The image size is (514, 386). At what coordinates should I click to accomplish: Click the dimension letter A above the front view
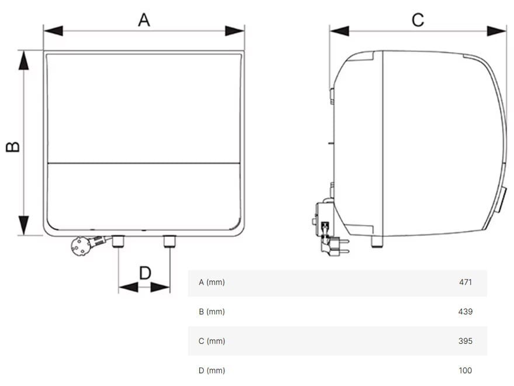(x=144, y=20)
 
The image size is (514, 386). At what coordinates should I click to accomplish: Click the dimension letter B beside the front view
(x=13, y=146)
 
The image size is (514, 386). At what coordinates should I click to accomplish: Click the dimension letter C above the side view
(x=418, y=20)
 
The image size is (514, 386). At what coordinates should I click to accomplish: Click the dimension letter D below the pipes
(x=145, y=273)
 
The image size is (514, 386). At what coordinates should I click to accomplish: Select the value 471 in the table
(x=465, y=282)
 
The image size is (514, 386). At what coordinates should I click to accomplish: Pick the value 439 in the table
(x=465, y=312)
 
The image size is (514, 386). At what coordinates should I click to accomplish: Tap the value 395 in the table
(x=465, y=341)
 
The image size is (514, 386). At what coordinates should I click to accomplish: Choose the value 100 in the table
(x=465, y=370)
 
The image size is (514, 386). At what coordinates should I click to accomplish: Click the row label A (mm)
(x=211, y=282)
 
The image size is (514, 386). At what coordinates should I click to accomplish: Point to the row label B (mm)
(x=211, y=312)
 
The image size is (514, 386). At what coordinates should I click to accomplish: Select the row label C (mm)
(x=211, y=341)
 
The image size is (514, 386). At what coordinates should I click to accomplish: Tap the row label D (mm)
(x=211, y=370)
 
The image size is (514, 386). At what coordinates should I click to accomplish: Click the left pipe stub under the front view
(x=119, y=241)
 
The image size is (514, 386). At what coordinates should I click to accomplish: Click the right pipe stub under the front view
(x=170, y=241)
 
